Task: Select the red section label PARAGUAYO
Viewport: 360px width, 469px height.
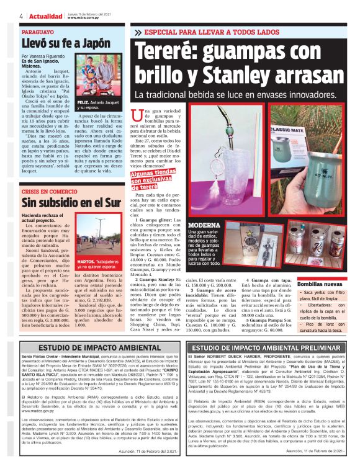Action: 38,31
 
